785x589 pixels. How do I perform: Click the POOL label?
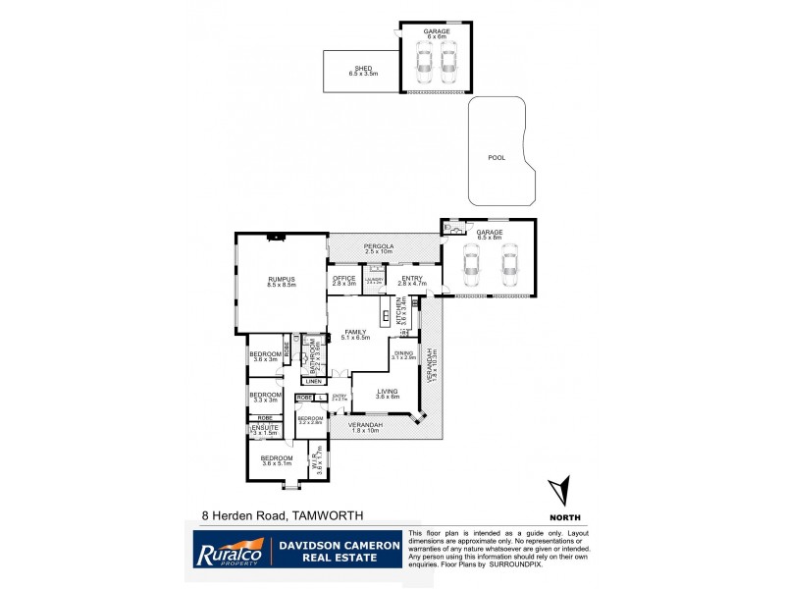(x=497, y=156)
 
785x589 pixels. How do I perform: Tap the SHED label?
(x=362, y=70)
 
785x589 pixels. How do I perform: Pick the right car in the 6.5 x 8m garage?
(x=508, y=265)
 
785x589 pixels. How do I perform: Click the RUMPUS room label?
(x=282, y=282)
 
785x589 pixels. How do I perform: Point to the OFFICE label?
(x=343, y=280)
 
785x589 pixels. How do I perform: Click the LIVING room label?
(x=389, y=392)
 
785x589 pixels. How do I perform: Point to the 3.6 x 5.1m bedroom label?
(x=276, y=459)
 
